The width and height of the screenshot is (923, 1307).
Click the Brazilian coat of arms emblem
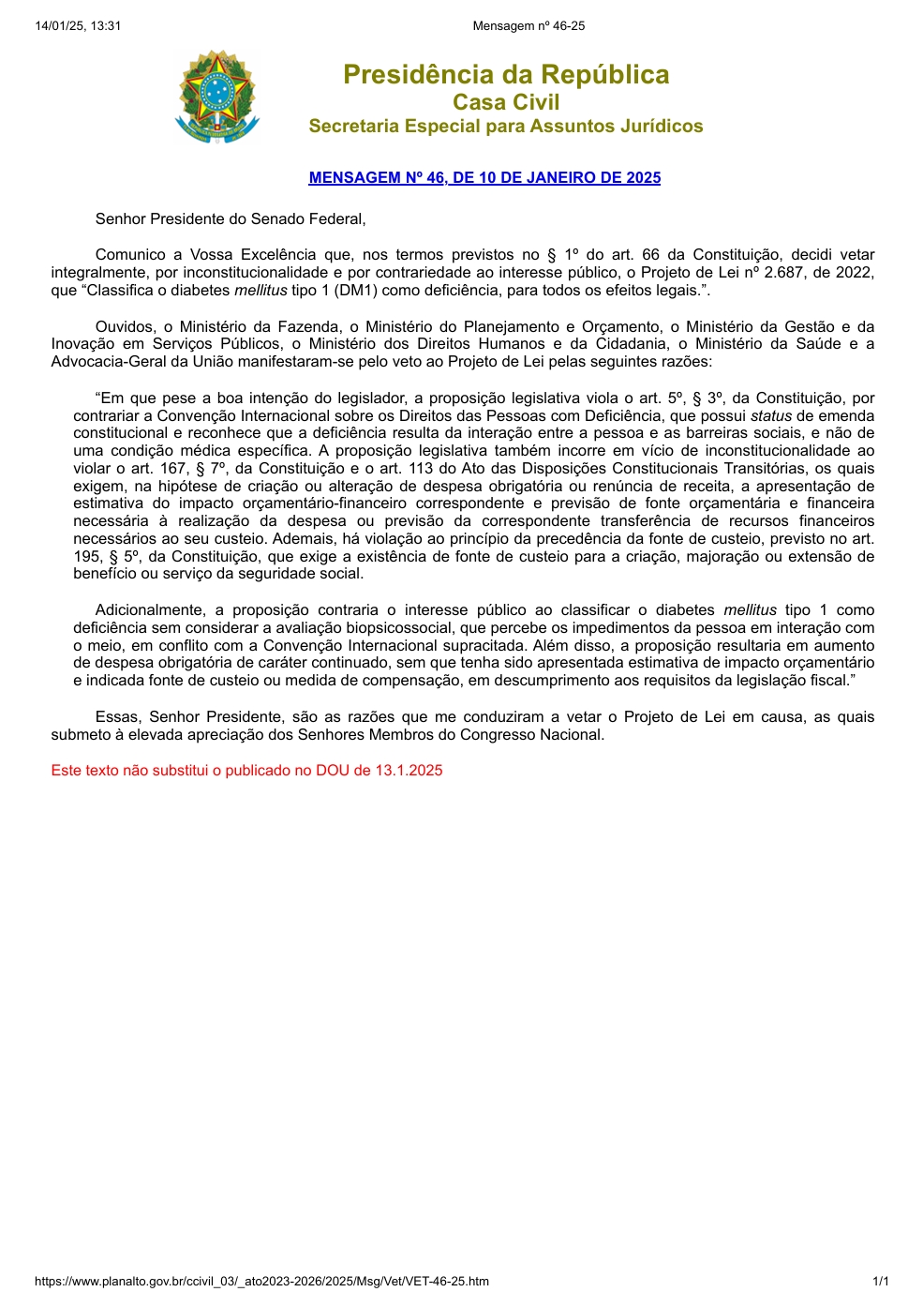[216, 97]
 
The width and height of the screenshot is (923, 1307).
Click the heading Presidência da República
[506, 75]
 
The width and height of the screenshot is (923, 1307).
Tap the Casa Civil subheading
[506, 102]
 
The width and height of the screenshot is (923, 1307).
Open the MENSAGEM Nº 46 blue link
[484, 178]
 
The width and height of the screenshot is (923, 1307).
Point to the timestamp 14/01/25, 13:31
[78, 26]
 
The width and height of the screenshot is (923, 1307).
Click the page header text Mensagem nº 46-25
[528, 26]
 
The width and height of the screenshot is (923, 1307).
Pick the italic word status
[771, 416]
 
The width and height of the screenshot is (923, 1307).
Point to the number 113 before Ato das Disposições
[421, 469]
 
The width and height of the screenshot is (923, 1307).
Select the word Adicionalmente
[150, 610]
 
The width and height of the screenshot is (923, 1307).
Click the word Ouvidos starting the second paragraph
[125, 327]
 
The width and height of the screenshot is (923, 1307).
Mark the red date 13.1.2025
[409, 771]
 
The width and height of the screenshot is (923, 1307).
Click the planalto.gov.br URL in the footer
[261, 1282]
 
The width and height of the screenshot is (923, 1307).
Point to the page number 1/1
[881, 1282]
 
